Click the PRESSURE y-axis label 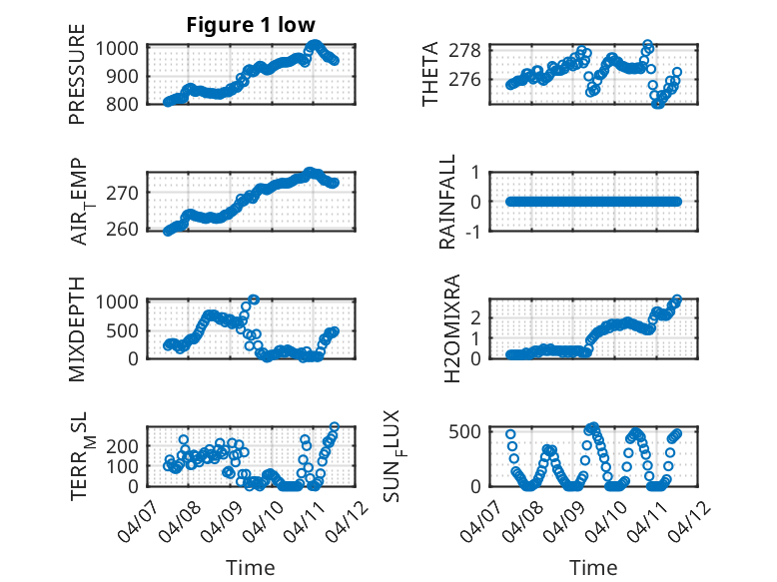click(x=77, y=75)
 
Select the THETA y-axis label click(x=430, y=75)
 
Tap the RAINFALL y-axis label click(x=448, y=202)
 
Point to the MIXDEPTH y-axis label click(x=77, y=327)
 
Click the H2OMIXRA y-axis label click(x=448, y=327)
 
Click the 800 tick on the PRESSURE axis click(x=128, y=103)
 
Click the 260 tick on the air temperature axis click(x=128, y=230)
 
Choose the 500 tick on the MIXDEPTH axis click(x=128, y=329)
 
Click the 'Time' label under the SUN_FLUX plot click(x=593, y=568)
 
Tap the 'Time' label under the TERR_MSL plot click(x=251, y=568)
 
